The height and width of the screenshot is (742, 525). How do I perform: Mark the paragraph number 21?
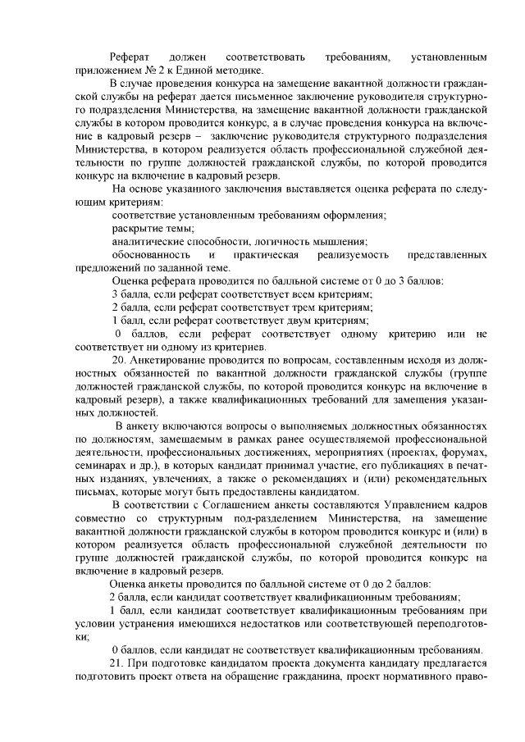click(116, 662)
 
